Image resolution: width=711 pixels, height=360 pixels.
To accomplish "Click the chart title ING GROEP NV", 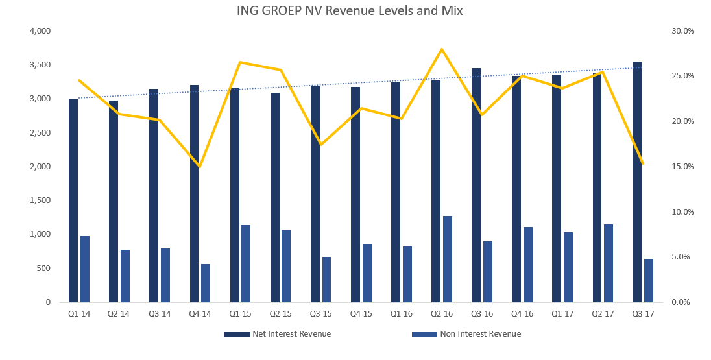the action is [287, 11].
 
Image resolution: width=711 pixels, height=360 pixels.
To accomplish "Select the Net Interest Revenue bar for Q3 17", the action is [638, 182].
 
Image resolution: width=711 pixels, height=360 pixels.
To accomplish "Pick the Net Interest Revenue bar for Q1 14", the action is [73, 200].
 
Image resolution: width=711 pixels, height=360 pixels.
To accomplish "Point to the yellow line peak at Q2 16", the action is [442, 49].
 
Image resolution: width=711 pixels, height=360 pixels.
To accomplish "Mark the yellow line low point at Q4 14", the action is [199, 167].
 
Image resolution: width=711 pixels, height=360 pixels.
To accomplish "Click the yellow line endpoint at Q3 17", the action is [642, 163].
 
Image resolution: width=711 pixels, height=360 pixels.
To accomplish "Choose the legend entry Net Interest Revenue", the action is [278, 334].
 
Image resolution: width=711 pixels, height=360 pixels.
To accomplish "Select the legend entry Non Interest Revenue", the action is [466, 334].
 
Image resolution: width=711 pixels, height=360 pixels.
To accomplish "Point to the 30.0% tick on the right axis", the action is [683, 31].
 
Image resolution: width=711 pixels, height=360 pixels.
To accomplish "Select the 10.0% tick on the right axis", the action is [683, 211].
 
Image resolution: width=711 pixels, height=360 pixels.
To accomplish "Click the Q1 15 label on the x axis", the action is [240, 314].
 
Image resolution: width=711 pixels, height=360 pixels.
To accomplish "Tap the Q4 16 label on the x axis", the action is [522, 314].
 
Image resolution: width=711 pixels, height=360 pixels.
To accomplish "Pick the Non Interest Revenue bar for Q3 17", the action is [649, 281].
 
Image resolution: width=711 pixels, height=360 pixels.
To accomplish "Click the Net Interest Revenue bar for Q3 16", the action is [476, 186].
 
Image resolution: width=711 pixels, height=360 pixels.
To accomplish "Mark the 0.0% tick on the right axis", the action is [684, 302].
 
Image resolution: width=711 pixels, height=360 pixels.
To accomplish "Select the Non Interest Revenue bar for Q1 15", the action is [246, 264].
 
